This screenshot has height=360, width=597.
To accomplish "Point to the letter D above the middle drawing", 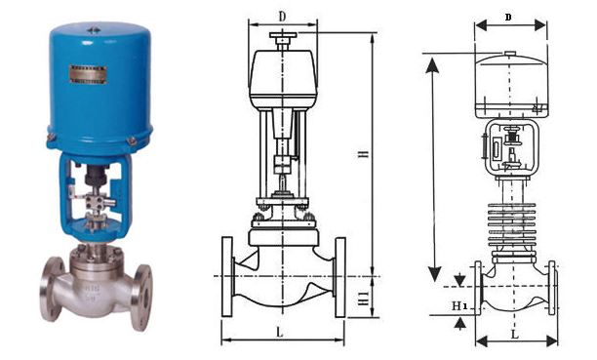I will point(282,17).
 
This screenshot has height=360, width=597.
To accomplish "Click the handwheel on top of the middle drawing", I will point(283,41).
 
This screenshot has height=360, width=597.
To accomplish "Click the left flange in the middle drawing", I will point(229,276).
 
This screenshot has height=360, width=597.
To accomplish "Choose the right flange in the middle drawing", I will point(339,276).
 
